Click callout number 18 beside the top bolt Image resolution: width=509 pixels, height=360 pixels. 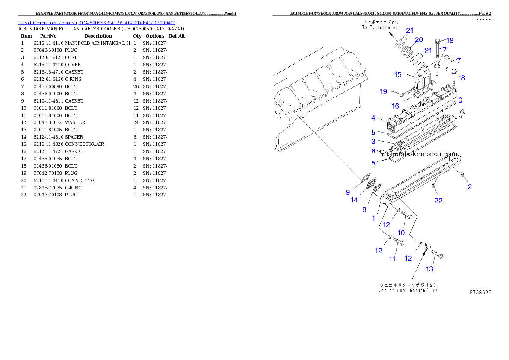coord(450,41)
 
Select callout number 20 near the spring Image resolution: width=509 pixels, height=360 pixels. coord(419,40)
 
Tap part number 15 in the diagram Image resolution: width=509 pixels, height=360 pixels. coord(398,74)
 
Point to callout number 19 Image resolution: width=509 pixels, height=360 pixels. coord(383,91)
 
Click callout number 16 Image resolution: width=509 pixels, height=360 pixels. coord(395,106)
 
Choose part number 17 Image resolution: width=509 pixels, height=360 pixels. coord(443,50)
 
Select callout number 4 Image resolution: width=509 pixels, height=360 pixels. coord(373,118)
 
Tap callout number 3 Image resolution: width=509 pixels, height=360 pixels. coord(373,141)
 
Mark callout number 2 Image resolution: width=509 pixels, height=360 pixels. coord(470,187)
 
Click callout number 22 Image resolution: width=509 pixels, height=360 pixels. coord(438,201)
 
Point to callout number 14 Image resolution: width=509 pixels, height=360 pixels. coord(354,200)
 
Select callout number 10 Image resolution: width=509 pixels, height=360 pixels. coord(401,232)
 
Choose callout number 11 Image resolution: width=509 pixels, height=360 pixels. coord(392,258)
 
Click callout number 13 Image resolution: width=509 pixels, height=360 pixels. coord(429,269)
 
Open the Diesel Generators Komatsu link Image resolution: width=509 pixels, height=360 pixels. coord(97,22)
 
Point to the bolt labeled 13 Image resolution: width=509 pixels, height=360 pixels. coord(437,255)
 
